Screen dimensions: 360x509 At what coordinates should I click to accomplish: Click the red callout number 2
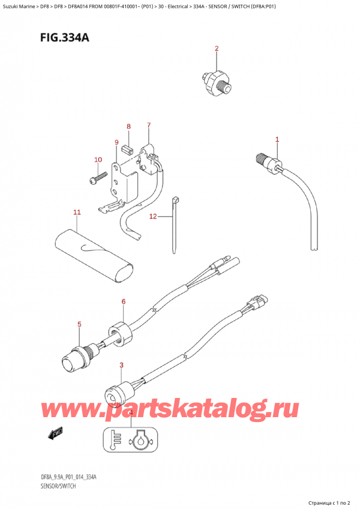pyautogui.click(x=217, y=49)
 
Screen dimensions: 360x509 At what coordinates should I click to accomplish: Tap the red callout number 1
pyautogui.click(x=277, y=140)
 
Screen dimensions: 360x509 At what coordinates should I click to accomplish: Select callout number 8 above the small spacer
pyautogui.click(x=128, y=126)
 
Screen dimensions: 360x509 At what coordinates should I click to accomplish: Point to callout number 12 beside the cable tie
pyautogui.click(x=153, y=216)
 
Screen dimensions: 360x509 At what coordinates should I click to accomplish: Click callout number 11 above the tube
pyautogui.click(x=77, y=212)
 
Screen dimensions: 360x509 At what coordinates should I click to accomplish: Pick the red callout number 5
pyautogui.click(x=80, y=324)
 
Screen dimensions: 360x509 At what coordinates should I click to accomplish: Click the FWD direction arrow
pyautogui.click(x=55, y=434)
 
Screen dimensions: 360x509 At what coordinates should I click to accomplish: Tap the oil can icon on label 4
pyautogui.click(x=142, y=440)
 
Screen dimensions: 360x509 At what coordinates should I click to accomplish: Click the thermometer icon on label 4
pyautogui.click(x=116, y=440)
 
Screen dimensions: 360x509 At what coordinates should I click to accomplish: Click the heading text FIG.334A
pyautogui.click(x=65, y=38)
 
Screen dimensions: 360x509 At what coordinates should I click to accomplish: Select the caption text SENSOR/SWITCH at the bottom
pyautogui.click(x=58, y=486)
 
